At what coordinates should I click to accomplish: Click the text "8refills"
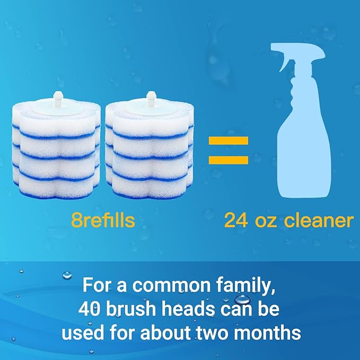103,220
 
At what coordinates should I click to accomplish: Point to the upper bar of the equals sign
228,142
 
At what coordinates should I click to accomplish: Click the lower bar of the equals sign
228,160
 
